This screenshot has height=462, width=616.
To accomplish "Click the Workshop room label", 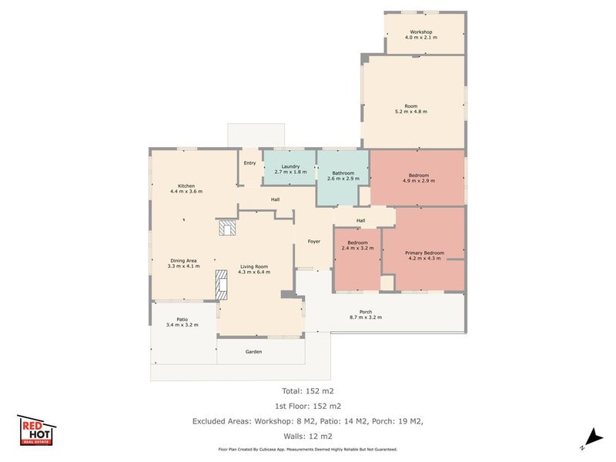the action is [420, 32].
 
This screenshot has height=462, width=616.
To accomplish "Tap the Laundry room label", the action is [290, 166].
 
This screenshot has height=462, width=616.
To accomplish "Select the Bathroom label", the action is [343, 172].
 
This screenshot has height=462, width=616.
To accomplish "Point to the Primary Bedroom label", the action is [425, 253].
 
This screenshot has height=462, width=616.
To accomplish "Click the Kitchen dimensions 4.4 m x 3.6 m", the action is [186, 191].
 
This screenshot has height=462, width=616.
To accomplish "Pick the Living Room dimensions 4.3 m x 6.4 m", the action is [254, 272].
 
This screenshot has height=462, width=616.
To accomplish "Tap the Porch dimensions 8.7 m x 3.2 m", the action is [365, 317].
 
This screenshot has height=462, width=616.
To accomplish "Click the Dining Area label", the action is [183, 260].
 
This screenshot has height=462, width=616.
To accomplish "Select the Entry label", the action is [249, 163].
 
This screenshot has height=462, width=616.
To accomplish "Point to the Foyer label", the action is [314, 242].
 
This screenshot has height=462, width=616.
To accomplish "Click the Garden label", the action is [253, 352].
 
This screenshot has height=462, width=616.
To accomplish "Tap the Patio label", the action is [182, 320].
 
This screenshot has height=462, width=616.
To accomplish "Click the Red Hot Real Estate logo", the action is [36, 430].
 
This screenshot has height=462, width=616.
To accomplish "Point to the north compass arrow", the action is [594, 438].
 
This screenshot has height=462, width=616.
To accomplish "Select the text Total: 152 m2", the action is [307, 391].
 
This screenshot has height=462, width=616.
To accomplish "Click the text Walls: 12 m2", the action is [307, 436].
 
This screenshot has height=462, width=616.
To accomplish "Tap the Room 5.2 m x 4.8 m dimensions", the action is [411, 112].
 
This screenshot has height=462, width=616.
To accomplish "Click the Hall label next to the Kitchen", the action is [275, 199].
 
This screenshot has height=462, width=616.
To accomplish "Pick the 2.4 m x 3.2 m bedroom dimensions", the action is [357, 248].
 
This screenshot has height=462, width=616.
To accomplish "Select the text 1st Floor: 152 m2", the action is [307, 407].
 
